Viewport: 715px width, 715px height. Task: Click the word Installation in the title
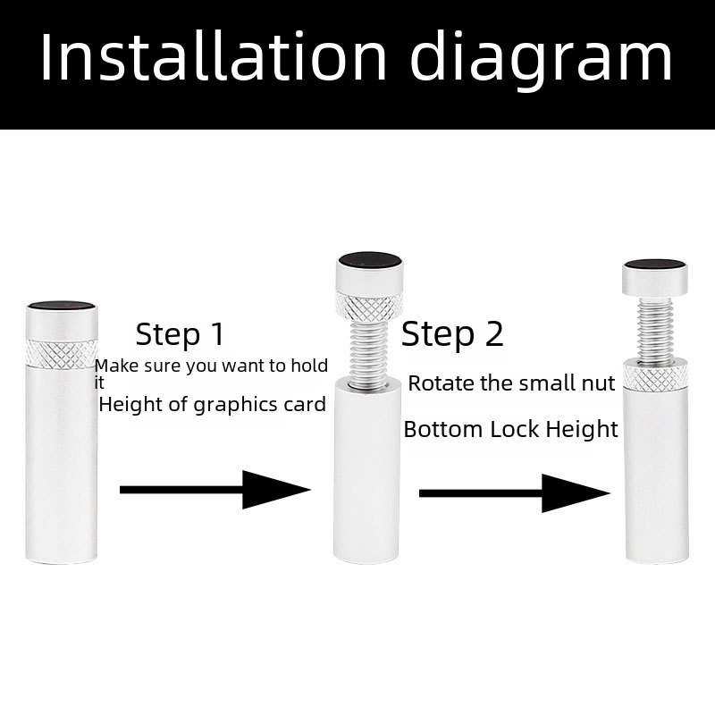point(214,56)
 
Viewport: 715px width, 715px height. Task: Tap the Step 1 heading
point(181,334)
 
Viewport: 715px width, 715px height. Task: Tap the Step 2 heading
point(452,333)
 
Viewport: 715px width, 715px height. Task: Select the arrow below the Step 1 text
point(215,490)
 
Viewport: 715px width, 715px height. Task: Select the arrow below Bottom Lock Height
point(515,493)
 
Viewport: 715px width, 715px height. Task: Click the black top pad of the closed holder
point(62,306)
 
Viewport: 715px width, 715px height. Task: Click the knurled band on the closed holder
point(62,353)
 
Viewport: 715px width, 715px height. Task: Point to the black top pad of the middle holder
point(369,259)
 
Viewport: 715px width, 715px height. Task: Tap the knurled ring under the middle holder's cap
point(369,306)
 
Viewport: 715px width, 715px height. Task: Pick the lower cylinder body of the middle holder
point(367,471)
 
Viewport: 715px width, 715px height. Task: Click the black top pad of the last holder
point(655,265)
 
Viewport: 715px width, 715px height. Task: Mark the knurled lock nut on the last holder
point(656,375)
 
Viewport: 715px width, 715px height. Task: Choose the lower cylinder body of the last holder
point(656,476)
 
